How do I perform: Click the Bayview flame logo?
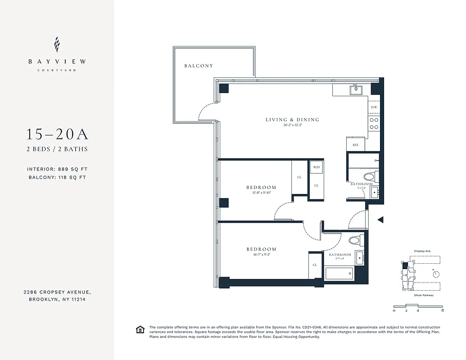point(57,45)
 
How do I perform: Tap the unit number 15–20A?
point(57,134)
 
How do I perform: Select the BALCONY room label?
point(199,66)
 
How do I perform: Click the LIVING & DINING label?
point(292,120)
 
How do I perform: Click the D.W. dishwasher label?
point(374,108)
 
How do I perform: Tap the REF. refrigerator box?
point(355,145)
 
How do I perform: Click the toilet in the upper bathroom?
point(370,176)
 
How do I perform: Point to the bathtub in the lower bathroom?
point(339,272)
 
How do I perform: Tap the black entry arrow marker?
point(380,220)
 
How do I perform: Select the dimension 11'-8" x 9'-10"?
point(261,193)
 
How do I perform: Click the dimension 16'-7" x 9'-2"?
point(261,255)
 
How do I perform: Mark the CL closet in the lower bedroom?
point(315,265)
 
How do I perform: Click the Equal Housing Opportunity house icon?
point(140,330)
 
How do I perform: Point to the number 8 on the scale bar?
point(443,310)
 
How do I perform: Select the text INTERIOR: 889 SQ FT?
point(57,169)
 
